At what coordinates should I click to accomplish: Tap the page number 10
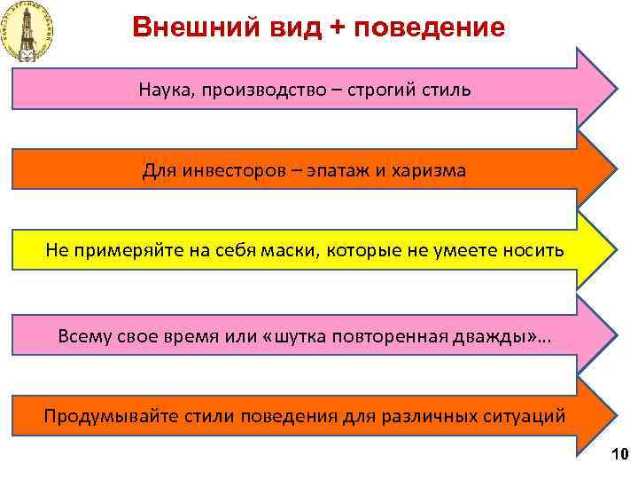[x=619, y=456]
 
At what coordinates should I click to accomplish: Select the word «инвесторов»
[x=232, y=170]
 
